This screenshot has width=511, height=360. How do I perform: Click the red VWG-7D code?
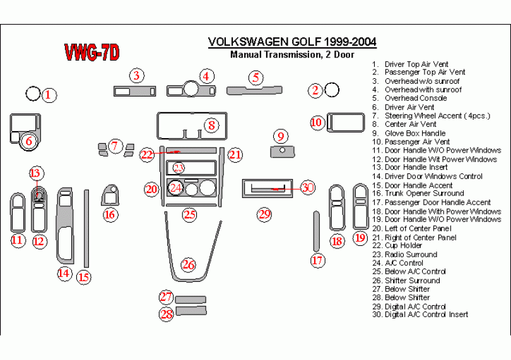92,54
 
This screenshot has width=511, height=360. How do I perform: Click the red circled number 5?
255,78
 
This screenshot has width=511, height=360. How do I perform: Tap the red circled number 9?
281,136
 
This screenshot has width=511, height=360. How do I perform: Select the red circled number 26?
188,265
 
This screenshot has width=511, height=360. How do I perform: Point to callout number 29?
264,214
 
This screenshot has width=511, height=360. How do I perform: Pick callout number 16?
110,215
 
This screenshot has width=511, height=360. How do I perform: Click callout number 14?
63,272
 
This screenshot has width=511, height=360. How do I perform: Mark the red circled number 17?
317,259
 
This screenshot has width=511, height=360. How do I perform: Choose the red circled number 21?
235,154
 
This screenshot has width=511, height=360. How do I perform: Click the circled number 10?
317,122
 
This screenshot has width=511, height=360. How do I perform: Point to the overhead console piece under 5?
256,90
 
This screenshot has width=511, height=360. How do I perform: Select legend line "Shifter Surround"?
412,280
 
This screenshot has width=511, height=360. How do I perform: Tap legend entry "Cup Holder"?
403,245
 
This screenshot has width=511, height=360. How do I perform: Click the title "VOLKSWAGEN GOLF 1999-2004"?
292,42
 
